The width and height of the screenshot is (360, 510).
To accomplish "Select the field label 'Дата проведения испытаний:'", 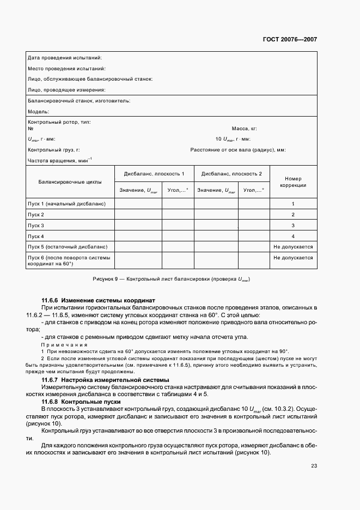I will click(64, 58).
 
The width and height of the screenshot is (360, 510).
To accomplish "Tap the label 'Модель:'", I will click(38, 111).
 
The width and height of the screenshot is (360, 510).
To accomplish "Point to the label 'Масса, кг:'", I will click(244, 129).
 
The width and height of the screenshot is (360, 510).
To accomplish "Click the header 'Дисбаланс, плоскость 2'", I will click(232, 174).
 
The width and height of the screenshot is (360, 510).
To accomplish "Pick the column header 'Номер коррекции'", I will click(293, 182).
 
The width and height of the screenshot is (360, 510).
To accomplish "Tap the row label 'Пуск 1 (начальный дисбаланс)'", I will click(66, 204).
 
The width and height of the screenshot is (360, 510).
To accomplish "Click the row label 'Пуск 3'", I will click(36, 226).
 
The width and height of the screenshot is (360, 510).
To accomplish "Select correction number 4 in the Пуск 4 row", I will click(293, 236).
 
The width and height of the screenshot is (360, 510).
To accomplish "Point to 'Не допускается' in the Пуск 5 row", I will click(293, 247).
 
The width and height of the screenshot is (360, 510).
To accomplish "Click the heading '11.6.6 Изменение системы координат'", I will click(99, 300).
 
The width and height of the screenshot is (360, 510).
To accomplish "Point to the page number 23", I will click(314, 465).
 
